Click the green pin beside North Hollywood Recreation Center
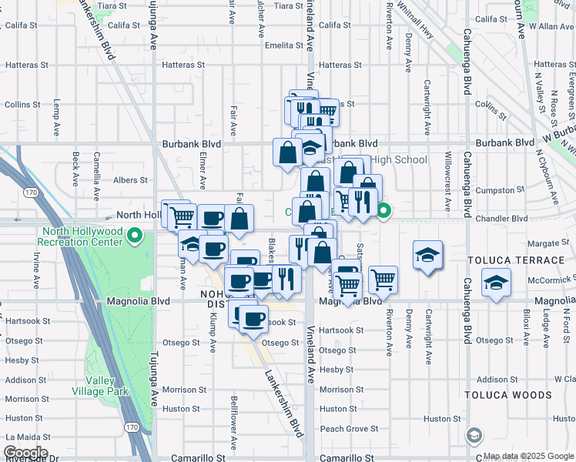(136, 235)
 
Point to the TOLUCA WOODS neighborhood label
(508, 395)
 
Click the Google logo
(25, 453)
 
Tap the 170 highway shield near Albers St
(31, 191)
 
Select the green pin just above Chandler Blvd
(383, 209)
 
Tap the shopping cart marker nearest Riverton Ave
(383, 281)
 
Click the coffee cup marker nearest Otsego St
(253, 319)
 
